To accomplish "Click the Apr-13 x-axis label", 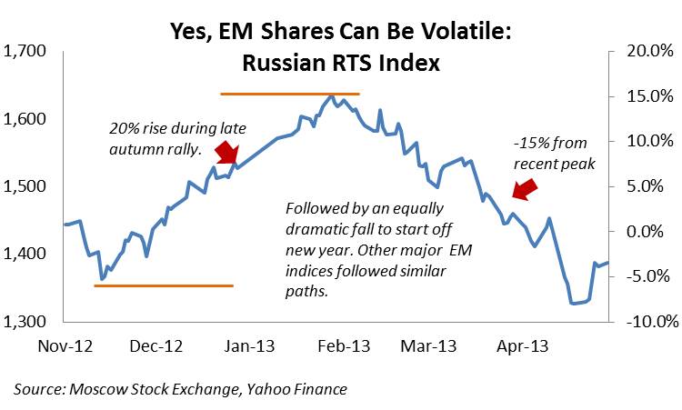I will tap(520, 345).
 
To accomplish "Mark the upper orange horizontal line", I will tap(290, 94).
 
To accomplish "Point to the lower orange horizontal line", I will tap(164, 285).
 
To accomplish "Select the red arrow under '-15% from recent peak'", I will tap(524, 188).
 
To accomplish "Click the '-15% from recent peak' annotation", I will tap(553, 155).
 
